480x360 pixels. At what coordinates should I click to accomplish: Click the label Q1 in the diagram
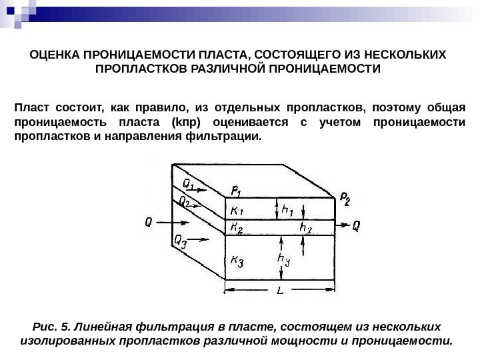pyautogui.click(x=189, y=181)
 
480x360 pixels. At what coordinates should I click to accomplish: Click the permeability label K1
pyautogui.click(x=237, y=211)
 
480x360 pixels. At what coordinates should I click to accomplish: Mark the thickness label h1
pyautogui.click(x=289, y=210)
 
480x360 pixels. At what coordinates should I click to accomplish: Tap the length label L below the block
pyautogui.click(x=279, y=291)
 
